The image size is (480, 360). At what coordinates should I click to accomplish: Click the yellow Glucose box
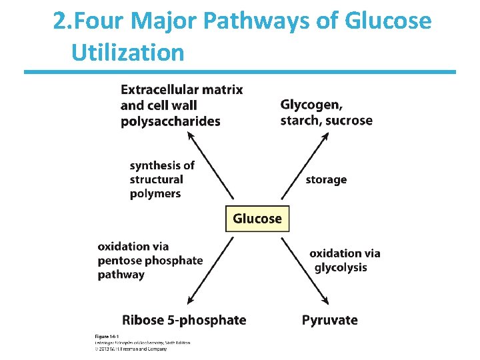[257, 219]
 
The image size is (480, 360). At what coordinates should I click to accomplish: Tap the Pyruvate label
[329, 320]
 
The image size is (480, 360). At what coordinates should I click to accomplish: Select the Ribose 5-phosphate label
[184, 320]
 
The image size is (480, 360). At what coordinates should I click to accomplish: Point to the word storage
[326, 179]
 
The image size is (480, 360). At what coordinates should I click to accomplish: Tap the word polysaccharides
[170, 121]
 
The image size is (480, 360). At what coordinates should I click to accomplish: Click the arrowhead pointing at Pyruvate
[325, 300]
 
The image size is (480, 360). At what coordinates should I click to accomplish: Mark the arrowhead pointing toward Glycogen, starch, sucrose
[327, 136]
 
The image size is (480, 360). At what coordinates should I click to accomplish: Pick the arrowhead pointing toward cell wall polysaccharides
[190, 135]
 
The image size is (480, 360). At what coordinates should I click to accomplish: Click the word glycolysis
[341, 267]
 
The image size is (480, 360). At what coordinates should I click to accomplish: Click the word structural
[156, 179]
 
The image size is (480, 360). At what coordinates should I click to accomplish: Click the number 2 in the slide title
[60, 22]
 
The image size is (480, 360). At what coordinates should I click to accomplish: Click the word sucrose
[349, 120]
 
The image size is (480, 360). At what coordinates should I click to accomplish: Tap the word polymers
[155, 193]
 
